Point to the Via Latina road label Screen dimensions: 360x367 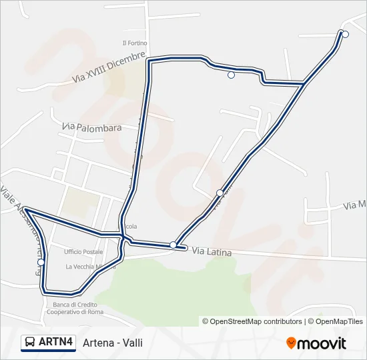tap(212, 251)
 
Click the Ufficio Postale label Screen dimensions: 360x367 tap(83, 251)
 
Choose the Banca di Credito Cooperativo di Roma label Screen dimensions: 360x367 tap(75, 309)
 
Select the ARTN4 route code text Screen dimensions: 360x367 tap(55, 342)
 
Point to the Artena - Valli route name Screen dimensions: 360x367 tap(113, 343)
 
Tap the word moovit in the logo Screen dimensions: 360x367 tap(322, 343)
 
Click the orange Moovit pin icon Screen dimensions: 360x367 tap(291, 343)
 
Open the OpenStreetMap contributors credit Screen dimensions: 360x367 tap(252, 321)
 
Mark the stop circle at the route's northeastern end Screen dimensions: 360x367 tap(345, 35)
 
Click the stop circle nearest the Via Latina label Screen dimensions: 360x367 tap(173, 245)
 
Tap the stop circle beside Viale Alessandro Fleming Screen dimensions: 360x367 tap(41, 263)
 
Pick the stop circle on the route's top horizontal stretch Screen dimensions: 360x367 tap(231, 75)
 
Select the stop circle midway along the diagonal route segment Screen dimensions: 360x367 tap(220, 193)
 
